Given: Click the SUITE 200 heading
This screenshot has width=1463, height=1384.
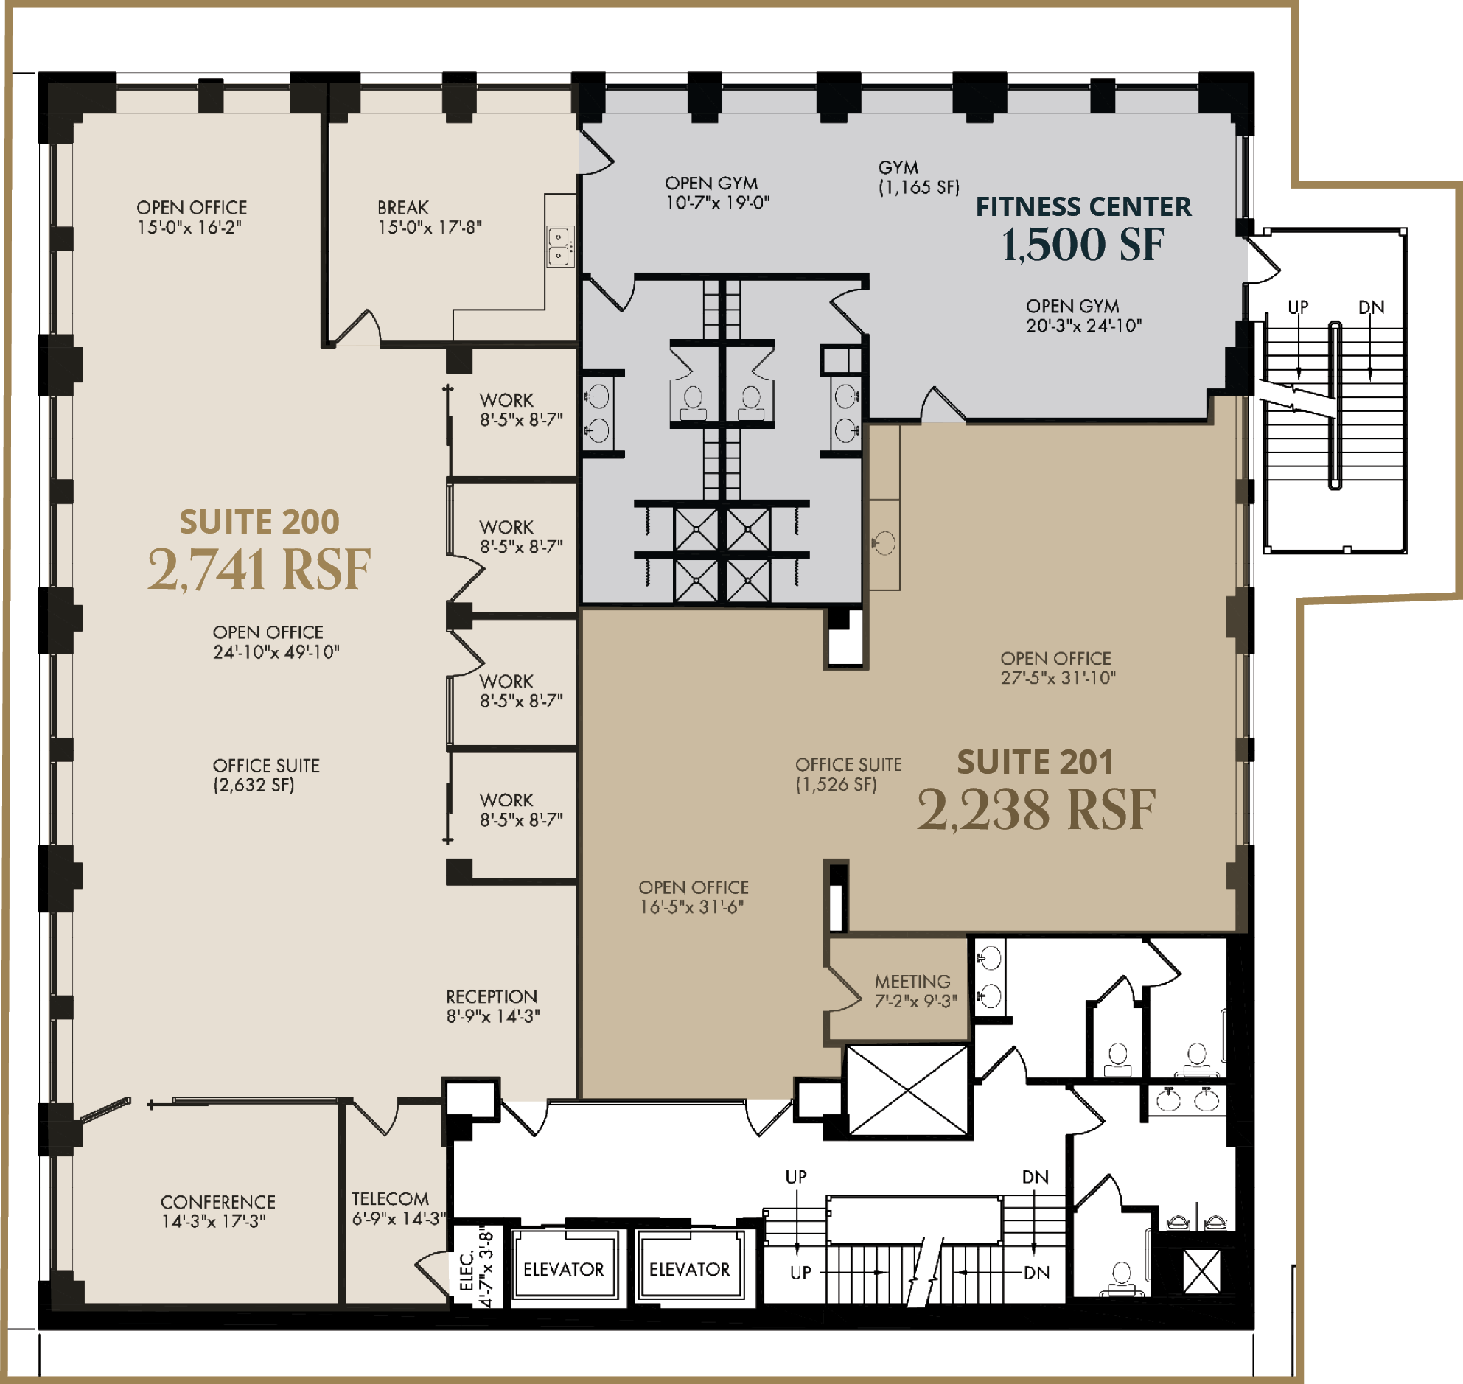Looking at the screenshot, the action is pos(259,522).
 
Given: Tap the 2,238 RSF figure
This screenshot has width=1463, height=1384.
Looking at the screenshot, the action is pos(1036,809).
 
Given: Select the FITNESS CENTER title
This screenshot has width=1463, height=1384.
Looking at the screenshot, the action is pos(1083,206).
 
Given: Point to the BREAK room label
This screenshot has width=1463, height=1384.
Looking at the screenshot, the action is pos(403,207).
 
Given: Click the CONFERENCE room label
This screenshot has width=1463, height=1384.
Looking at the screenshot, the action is pos(218,1202).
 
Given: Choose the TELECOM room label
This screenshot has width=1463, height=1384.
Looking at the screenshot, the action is pos(391,1199).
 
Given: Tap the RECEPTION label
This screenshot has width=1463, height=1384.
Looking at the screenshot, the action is pos(492,996).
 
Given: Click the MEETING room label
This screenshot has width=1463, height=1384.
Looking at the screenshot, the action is pos(912,982).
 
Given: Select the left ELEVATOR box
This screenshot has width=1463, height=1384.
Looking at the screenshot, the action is pos(565,1270).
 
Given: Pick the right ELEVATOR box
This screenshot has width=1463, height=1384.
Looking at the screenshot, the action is pos(690,1270).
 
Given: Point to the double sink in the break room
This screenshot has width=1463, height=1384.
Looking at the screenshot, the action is pos(560,246).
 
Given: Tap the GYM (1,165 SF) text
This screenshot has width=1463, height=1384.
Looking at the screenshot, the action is pos(918,178).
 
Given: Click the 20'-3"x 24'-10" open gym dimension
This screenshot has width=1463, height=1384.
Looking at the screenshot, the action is pos(1083,325).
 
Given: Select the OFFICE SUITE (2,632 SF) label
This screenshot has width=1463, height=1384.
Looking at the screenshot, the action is pos(266,775).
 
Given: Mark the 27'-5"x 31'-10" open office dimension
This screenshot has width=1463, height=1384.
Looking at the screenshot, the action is pos(1058,678).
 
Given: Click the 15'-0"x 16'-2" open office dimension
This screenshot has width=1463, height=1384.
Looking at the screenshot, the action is pos(189,227).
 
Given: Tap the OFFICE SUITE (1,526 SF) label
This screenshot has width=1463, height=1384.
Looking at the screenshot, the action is pos(848,775).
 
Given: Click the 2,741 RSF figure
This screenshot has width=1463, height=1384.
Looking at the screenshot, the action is pos(259,569).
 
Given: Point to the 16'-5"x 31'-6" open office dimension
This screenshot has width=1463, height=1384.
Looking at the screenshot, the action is pos(691,906).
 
